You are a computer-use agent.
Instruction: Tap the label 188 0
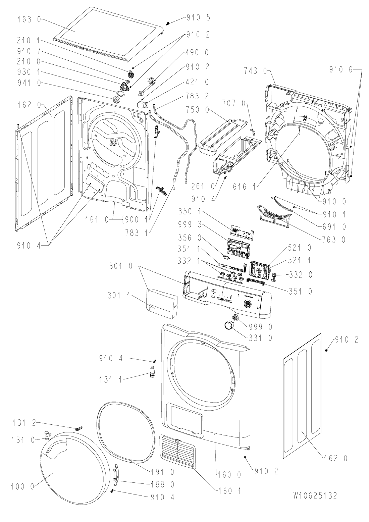[x=162, y=483]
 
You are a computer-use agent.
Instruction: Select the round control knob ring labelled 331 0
[x=229, y=325]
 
